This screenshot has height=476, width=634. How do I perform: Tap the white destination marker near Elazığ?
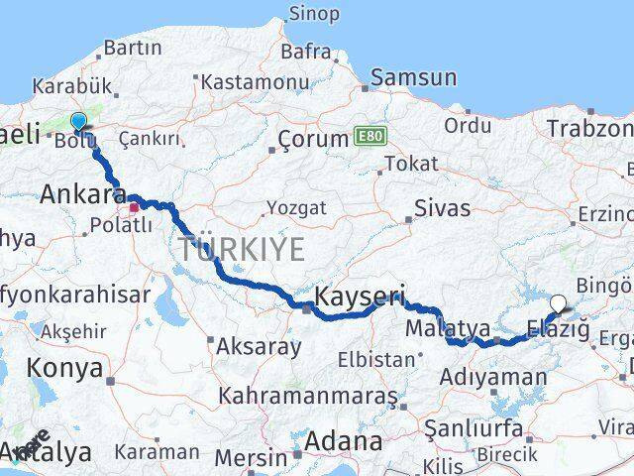[x=558, y=304]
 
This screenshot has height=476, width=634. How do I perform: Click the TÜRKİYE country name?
[x=242, y=249]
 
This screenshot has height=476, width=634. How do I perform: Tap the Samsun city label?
[x=414, y=77]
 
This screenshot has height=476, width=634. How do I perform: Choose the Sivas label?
[x=441, y=208]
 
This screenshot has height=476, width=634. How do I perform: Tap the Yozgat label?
[x=295, y=209]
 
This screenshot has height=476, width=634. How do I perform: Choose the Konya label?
[x=66, y=368]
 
